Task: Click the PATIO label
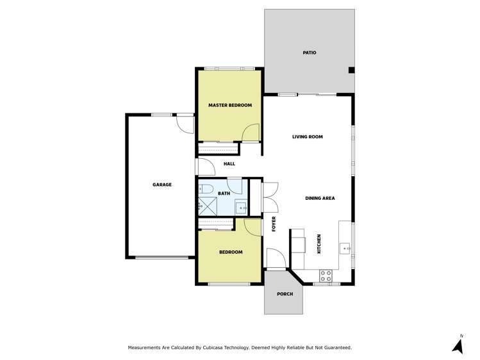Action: pyautogui.click(x=310, y=53)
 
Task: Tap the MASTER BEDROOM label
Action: pyautogui.click(x=230, y=105)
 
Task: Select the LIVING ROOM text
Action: pyautogui.click(x=307, y=136)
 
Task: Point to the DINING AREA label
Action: pyautogui.click(x=320, y=198)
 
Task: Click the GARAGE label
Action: pyautogui.click(x=162, y=184)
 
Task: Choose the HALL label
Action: pyautogui.click(x=229, y=164)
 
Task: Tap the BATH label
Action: pyautogui.click(x=224, y=193)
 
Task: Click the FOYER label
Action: pyautogui.click(x=274, y=224)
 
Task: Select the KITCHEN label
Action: pyautogui.click(x=319, y=244)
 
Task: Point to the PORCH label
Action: pyautogui.click(x=285, y=294)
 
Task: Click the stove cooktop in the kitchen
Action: pyautogui.click(x=326, y=275)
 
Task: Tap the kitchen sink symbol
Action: pyautogui.click(x=345, y=247)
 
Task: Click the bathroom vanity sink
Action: pyautogui.click(x=241, y=208)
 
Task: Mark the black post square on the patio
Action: pyautogui.click(x=351, y=70)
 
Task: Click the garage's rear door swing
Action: pyautogui.click(x=185, y=124)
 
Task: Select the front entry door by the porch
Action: pyautogui.click(x=276, y=259)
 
